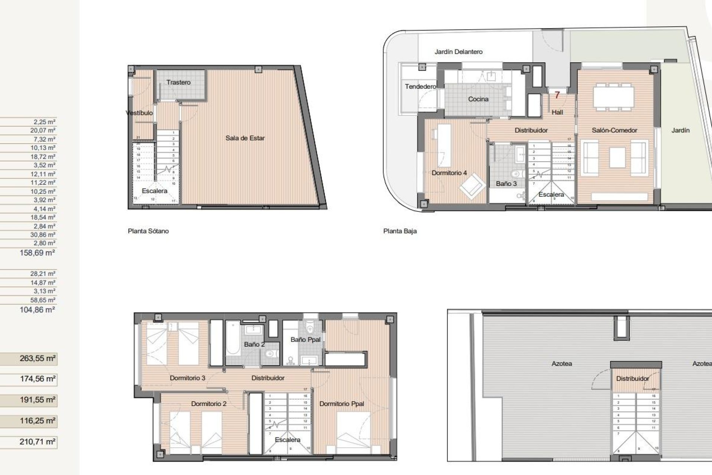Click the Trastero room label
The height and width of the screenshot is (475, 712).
point(178,82)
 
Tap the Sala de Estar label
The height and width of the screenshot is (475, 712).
point(245,138)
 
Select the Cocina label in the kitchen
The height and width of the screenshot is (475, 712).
point(478,99)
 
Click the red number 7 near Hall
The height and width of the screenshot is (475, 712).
point(557,95)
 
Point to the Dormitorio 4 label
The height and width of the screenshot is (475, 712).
point(449,173)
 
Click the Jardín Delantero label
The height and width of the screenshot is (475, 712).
point(458,52)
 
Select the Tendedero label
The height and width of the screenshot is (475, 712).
point(420,86)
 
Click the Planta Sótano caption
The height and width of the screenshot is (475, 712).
point(148,231)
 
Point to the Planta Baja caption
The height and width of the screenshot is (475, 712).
point(400,231)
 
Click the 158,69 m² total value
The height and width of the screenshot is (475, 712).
point(37,253)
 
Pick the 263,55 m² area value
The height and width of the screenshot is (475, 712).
point(37,358)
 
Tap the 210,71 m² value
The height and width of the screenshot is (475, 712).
point(37,442)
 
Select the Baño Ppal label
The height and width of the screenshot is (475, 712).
point(305,340)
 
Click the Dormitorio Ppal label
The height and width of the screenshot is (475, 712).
point(342,404)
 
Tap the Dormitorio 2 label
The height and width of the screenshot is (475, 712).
point(208,404)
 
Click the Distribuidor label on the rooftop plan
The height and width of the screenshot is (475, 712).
point(632,379)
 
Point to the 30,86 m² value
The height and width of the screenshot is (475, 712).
point(43,235)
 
